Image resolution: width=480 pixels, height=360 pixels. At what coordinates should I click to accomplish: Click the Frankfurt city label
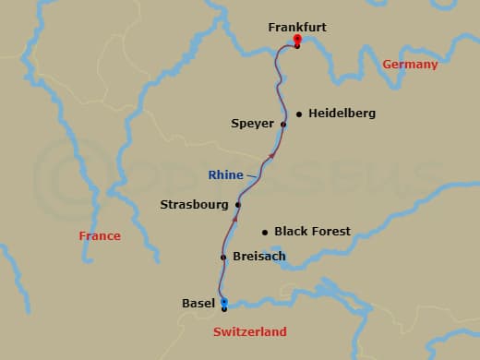(x=297, y=28)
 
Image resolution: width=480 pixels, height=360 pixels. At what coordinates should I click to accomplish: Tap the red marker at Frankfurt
(x=297, y=40)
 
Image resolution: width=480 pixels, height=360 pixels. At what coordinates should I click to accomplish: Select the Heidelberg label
(x=342, y=114)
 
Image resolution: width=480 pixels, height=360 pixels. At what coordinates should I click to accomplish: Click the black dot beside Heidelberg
(x=299, y=114)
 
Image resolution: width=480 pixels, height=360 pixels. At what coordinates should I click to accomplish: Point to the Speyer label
(x=253, y=123)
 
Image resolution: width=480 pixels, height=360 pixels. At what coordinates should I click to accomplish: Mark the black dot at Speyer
(x=283, y=124)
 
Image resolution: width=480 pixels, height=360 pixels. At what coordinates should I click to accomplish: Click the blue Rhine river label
(x=226, y=174)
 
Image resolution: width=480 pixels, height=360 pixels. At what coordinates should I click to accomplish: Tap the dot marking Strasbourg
(x=238, y=204)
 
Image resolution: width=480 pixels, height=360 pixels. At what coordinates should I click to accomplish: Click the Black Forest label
(x=313, y=231)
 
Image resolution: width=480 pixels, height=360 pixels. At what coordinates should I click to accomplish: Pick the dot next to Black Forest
(x=265, y=232)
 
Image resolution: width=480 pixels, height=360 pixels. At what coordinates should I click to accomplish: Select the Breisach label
(x=260, y=257)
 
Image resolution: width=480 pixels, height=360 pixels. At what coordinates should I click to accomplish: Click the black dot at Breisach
(x=223, y=257)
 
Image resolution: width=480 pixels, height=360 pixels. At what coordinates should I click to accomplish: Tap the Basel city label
(x=198, y=303)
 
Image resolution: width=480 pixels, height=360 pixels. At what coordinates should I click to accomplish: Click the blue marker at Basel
(x=223, y=302)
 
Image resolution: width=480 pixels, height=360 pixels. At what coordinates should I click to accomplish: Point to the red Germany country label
(x=409, y=65)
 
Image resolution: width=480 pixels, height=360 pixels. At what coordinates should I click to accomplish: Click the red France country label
(x=100, y=236)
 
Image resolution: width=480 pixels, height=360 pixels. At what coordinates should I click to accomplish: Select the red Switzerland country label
(x=249, y=331)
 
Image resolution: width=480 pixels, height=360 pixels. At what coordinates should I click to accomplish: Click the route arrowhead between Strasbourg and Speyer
(x=270, y=156)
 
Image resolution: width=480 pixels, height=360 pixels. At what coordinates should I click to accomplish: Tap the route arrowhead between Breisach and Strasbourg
(x=234, y=222)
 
